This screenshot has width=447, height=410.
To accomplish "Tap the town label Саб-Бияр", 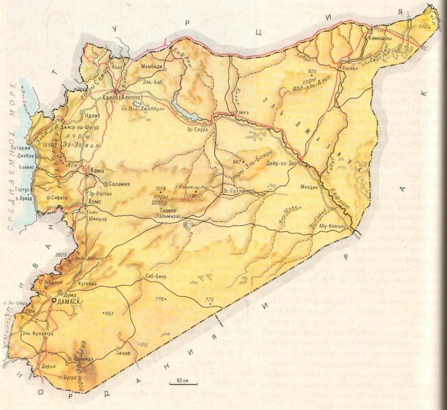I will (156, 276).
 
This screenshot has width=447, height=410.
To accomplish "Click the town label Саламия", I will (119, 184).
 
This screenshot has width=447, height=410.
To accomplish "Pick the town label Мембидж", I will (152, 67).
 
